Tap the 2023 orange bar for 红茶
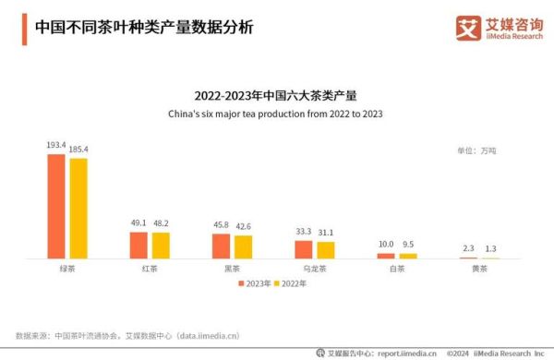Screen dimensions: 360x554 [138, 245]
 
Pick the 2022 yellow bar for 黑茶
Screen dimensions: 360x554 [243, 246]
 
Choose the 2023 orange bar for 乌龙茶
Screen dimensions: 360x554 [304, 249]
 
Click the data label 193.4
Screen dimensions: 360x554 [56, 146]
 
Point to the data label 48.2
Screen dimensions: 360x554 [161, 224]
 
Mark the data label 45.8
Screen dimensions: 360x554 [221, 225]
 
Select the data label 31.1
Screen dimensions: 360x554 [326, 233]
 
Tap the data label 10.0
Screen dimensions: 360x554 [386, 245]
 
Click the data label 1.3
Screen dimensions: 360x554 [490, 249]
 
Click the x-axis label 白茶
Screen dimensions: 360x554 [396, 269]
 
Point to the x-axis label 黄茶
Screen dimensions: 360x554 [478, 269]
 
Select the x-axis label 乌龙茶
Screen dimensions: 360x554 [314, 269]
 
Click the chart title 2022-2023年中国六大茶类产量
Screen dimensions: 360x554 [275, 95]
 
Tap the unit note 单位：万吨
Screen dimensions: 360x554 [476, 150]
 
